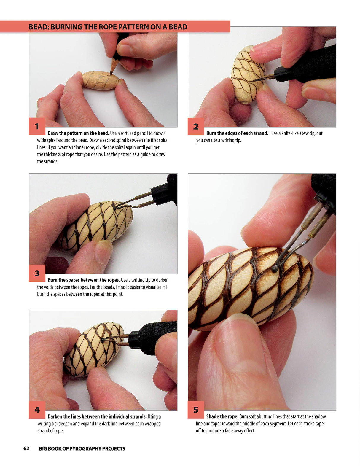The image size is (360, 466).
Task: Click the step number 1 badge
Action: coord(37,126)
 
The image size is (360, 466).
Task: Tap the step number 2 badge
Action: coord(196,126)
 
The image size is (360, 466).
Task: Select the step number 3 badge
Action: coord(37,273)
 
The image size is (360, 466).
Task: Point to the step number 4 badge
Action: coord(37,410)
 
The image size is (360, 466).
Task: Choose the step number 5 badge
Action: coord(196,410)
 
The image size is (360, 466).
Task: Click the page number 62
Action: coord(26,448)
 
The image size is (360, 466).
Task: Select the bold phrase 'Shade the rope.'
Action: coord(222,416)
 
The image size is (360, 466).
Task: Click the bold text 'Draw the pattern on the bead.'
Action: coord(78,133)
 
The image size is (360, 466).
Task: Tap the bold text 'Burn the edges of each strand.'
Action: coord(237,133)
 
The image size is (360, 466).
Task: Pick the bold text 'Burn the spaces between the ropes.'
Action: coord(84,280)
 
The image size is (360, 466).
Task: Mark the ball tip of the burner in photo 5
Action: coord(275,269)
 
